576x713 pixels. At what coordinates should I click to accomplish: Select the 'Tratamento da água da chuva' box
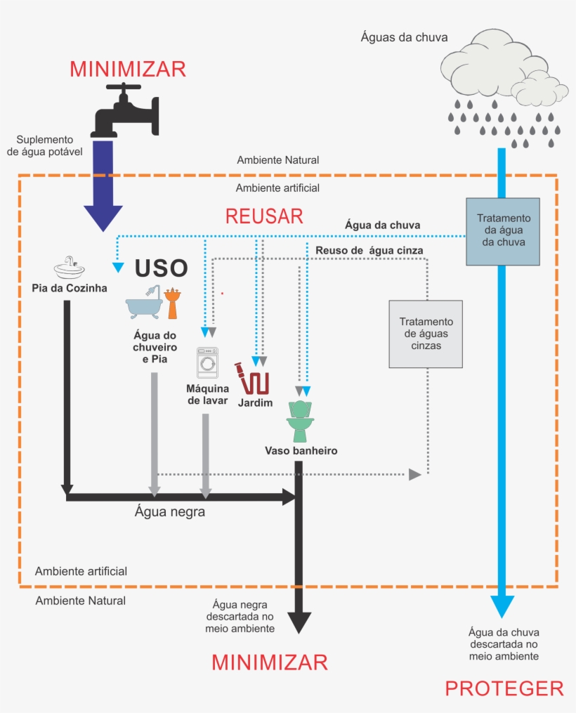504,230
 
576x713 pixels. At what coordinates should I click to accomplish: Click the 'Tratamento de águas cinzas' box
426,334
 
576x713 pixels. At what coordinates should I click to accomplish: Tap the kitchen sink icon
69,267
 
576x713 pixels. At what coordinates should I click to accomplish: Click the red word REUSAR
264,216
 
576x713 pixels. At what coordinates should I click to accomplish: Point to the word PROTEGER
504,688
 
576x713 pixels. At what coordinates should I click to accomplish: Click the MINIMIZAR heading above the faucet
128,69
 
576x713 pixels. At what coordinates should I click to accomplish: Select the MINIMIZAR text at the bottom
270,662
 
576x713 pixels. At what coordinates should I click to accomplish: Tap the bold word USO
161,268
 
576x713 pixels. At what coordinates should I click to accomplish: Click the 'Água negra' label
170,512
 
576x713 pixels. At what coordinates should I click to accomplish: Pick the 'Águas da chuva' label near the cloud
404,37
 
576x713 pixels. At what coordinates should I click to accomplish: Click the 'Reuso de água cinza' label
369,249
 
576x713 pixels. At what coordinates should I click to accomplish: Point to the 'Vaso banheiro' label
301,451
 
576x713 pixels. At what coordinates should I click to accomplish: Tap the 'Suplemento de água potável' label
45,145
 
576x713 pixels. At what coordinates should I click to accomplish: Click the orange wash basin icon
171,304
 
